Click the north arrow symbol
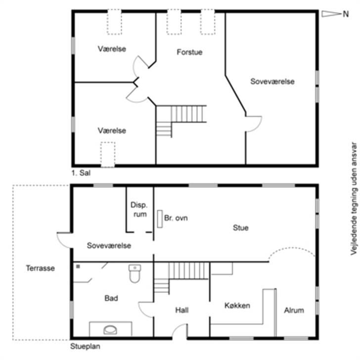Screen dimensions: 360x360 [331, 14]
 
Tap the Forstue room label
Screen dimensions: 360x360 [190, 52]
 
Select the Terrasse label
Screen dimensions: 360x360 [40, 268]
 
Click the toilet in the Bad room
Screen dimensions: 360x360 [135, 273]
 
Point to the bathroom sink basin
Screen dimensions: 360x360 [110, 330]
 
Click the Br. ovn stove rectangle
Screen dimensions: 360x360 [160, 219]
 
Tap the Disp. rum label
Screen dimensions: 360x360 [139, 209]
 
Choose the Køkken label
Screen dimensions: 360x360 [237, 306]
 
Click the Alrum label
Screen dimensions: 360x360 [294, 310]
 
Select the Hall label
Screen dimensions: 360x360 [182, 310]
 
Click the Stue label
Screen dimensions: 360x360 [241, 227]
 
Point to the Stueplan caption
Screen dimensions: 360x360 [85, 346]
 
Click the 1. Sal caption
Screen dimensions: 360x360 [81, 173]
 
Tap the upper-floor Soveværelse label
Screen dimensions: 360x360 [272, 81]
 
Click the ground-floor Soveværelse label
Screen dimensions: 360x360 [109, 245]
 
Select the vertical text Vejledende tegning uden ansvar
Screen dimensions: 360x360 [354, 199]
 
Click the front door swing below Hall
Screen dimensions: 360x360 [177, 328]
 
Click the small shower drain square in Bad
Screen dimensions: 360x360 [78, 267]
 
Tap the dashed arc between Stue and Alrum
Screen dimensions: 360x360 [292, 248]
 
